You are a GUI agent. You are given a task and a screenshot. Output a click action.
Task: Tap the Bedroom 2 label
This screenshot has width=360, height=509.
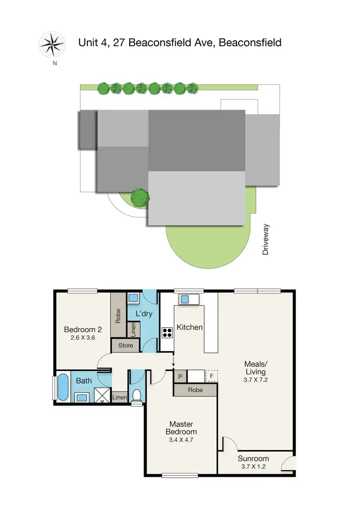point(83,330)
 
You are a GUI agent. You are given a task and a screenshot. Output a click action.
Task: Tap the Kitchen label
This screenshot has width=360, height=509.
point(190,327)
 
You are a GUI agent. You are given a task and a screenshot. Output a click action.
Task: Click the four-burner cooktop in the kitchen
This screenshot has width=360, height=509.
point(167,332)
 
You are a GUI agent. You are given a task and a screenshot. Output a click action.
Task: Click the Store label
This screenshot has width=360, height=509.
point(126,345)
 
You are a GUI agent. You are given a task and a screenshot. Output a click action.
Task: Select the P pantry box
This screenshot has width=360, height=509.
point(180,377)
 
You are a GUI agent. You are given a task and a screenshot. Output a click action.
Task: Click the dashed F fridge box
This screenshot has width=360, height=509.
point(212,377)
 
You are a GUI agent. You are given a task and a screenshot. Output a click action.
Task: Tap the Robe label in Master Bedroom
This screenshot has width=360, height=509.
point(195,390)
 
